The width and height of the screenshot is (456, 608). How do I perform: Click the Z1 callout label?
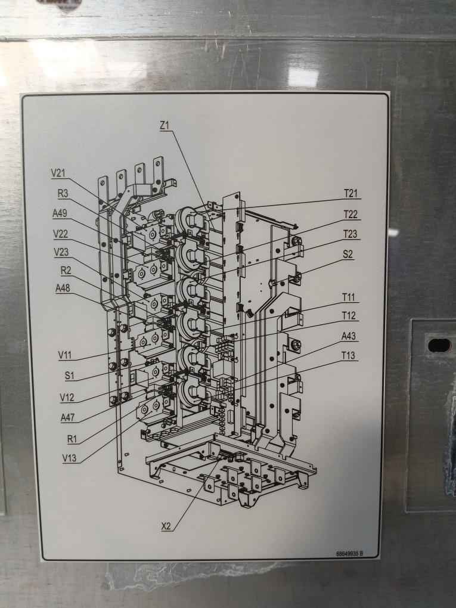point(165,125)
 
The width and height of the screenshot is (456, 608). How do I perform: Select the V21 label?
point(58,173)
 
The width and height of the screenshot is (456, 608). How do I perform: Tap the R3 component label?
point(64,193)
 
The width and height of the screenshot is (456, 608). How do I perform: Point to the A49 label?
point(60,213)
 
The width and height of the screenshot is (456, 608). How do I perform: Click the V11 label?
point(65,355)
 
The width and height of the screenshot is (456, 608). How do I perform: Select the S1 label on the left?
point(69,376)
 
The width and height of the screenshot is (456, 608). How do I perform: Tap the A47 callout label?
point(68,418)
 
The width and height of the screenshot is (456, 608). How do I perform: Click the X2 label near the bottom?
point(167,526)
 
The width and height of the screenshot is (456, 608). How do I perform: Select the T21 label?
point(350,193)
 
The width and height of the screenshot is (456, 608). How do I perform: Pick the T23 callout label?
point(350,234)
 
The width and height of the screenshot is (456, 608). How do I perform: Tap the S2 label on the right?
point(348,254)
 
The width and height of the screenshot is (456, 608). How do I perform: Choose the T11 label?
point(349,296)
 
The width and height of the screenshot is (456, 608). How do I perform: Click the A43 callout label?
point(349,336)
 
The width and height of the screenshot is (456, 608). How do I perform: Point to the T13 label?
point(349,356)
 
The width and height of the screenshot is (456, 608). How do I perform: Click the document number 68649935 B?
point(349,554)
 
